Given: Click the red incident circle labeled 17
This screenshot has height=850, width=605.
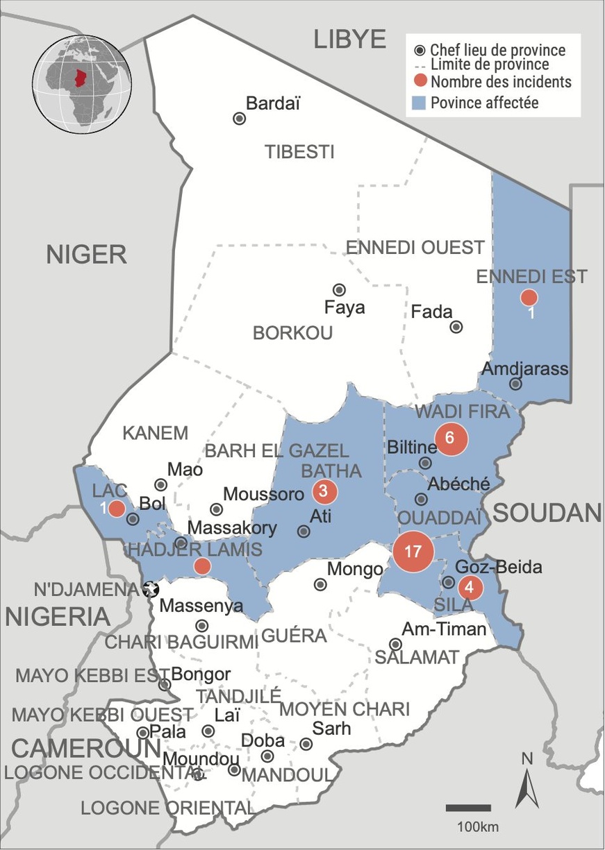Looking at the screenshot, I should tap(413, 552).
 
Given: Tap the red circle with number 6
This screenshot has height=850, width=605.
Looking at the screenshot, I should tap(449, 438).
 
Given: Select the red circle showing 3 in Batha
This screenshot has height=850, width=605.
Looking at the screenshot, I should tap(324, 491).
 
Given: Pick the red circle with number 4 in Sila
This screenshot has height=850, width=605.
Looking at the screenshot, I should tap(470, 588).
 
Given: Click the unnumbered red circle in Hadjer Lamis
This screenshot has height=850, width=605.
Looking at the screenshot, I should tap(202, 566).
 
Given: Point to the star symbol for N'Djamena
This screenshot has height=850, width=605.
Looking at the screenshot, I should tap(150, 589).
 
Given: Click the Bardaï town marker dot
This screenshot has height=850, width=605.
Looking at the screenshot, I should tap(239, 119).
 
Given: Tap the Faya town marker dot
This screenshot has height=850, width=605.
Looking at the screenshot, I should tap(339, 289).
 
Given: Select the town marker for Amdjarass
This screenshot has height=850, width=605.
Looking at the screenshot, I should tap(515, 384).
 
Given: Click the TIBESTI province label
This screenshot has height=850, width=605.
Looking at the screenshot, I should tap(299, 152).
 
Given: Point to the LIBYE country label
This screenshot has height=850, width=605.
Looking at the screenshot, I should tap(349, 40).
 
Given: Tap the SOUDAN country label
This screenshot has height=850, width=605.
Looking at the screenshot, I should tap(547, 513).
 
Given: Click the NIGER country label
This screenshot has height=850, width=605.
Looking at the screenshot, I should tap(86, 255).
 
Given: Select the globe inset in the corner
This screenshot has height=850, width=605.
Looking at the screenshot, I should tap(82, 84).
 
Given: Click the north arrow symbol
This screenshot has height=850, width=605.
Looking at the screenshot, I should tap(527, 784).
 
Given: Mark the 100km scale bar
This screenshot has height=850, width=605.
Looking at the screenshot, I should tap(468, 808).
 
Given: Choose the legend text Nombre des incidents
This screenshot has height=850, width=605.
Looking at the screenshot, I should tap(500, 82).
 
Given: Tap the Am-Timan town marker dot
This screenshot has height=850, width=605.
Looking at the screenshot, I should tap(395, 644).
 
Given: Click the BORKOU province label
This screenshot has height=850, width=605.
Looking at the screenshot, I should tap(292, 333).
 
